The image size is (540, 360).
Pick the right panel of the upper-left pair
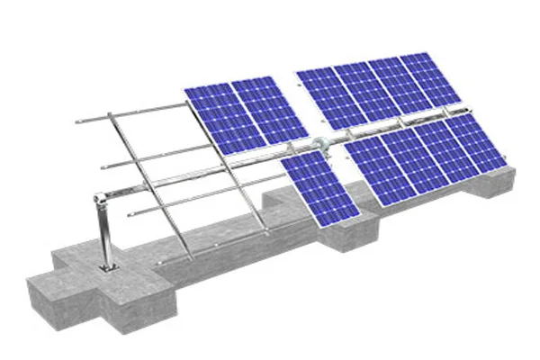(x=264, y=111)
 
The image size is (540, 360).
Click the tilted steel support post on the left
(x=104, y=229)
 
